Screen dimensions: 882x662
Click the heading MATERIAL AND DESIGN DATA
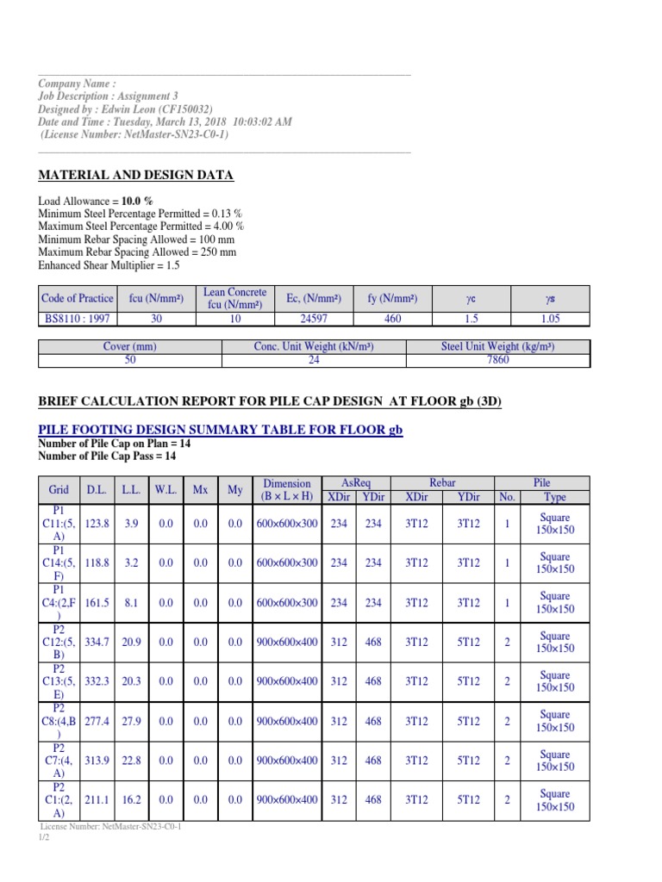(135, 176)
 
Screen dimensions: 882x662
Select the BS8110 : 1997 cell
(77, 318)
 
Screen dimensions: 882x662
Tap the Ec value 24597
(314, 318)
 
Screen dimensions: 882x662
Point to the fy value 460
(392, 318)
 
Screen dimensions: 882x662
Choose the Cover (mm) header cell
(129, 347)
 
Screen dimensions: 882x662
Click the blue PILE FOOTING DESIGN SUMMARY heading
(221, 430)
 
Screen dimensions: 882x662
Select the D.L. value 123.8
(99, 523)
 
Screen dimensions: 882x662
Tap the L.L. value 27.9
(131, 721)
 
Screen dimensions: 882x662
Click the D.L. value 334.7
(99, 642)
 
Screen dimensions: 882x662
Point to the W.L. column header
(165, 490)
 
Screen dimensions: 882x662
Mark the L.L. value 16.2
(131, 800)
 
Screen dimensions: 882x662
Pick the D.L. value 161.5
(99, 602)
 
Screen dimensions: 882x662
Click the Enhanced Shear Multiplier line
(109, 266)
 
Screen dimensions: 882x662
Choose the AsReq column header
(356, 483)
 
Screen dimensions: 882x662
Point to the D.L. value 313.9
(99, 761)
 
